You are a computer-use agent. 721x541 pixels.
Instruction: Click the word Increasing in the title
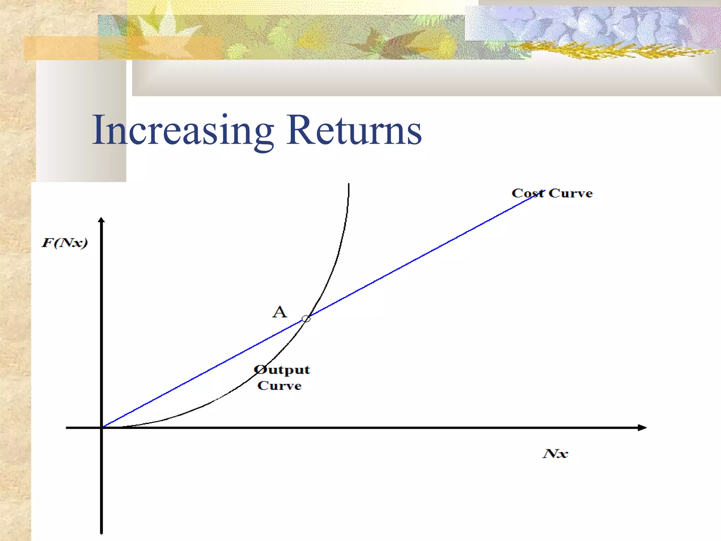coord(183,130)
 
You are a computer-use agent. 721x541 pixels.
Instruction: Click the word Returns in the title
coord(354,130)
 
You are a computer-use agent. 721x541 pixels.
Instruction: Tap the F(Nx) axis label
coord(65,243)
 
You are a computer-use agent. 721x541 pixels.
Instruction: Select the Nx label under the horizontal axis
coord(555,454)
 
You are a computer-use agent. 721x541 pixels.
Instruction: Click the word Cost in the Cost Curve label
coord(527,193)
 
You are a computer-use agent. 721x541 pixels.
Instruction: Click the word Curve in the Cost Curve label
coord(571,193)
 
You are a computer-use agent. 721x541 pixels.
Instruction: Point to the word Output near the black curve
coord(282,370)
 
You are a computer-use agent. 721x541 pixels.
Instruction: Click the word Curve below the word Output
coord(280,386)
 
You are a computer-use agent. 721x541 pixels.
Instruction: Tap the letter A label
coord(280,312)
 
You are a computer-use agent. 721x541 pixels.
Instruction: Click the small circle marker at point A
coord(306,319)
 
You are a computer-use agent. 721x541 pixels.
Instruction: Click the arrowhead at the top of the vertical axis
coord(101,220)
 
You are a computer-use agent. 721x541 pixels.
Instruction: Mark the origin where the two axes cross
coord(102,428)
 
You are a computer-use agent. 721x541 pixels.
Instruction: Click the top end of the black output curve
coord(349,185)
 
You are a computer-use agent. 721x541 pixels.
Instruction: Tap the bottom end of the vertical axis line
coord(101,532)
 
